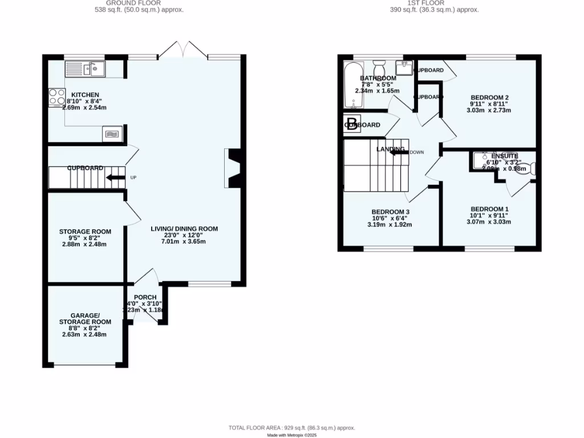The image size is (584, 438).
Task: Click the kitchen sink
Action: coord(93,69)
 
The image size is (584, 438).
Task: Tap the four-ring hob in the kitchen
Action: coord(56,96)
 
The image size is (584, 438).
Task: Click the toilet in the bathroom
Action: coord(379,66)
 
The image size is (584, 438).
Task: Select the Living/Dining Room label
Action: coord(184,229)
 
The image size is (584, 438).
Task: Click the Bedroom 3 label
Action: coord(391,212)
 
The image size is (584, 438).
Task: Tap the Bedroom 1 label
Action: coord(489,209)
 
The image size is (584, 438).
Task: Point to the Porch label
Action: coord(145,297)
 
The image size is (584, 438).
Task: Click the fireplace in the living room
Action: coord(234,168)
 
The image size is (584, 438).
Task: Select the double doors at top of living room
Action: coord(182,51)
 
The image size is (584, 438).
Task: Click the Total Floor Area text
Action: coord(291,428)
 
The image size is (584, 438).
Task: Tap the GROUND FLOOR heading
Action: coord(139,3)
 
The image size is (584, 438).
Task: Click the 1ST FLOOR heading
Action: coord(434,3)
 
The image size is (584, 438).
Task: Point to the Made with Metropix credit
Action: coord(291,435)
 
